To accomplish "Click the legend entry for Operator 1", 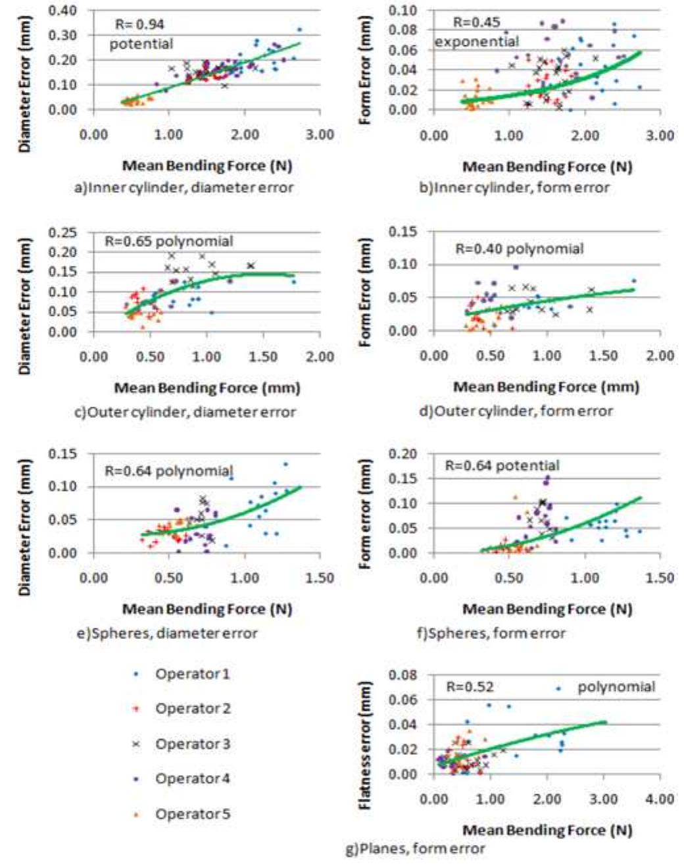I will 193,674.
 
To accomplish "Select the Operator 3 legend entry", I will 193,744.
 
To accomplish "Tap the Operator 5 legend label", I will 193,814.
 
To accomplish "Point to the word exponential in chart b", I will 477,42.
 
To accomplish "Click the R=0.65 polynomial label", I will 169,242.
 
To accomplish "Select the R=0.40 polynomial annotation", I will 520,249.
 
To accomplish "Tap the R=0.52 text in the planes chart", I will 470,688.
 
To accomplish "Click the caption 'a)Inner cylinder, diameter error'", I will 184,188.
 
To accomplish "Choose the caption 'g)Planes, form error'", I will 416,849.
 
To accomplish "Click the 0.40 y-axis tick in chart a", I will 64,11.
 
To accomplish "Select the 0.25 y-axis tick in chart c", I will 64,232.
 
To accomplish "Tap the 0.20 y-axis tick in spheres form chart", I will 404,454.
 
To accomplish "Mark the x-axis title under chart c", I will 207,388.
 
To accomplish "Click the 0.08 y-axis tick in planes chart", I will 404,675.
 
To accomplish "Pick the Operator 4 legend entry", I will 193,779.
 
